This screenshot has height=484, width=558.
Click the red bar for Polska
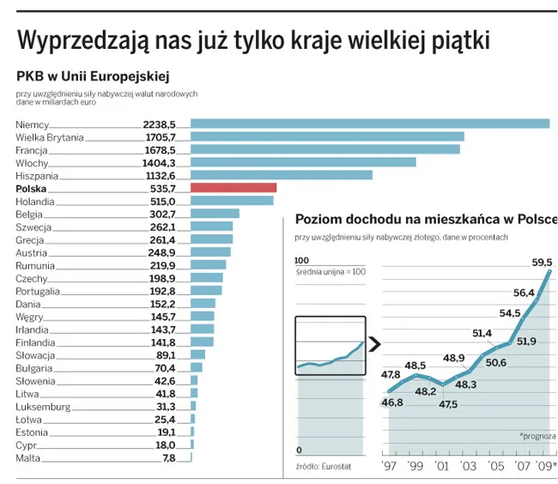233,188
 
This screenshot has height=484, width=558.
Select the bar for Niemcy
369,124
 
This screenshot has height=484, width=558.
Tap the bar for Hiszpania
281,175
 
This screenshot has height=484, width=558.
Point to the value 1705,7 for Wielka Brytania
160,137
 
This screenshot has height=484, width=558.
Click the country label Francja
33,150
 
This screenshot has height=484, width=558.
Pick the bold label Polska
31,188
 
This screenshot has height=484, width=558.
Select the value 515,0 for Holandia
162,201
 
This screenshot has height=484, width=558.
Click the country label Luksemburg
44,406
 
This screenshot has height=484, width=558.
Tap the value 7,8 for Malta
168,458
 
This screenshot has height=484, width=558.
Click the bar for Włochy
302,162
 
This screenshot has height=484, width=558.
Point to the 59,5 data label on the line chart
542,263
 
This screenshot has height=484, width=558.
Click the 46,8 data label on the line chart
392,402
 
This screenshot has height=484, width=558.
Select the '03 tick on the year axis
468,467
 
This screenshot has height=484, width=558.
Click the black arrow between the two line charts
374,345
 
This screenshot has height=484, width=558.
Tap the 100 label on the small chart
301,260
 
